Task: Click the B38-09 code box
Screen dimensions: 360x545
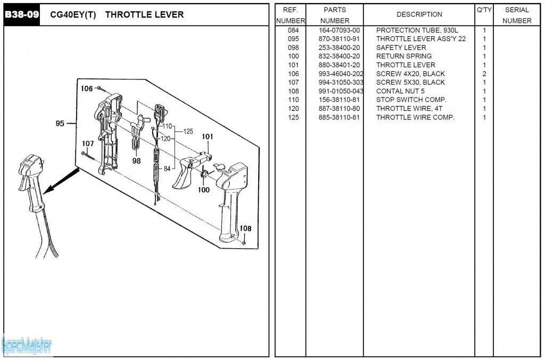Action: click(22, 15)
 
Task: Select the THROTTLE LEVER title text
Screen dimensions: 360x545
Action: click(144, 15)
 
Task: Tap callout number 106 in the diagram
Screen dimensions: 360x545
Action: click(87, 88)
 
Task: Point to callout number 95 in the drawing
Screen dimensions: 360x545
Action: click(60, 124)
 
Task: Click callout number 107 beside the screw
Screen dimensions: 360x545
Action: click(88, 144)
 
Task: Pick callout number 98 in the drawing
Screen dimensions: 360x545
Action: click(136, 161)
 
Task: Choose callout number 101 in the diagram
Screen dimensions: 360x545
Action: click(208, 137)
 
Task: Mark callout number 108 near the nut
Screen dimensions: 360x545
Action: click(245, 228)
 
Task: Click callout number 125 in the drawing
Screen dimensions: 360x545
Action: click(188, 131)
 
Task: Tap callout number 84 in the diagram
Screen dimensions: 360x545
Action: click(167, 169)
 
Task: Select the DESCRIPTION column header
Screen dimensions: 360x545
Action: click(419, 15)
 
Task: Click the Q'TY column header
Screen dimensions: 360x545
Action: click(484, 10)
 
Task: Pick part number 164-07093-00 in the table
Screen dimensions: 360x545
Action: click(339, 30)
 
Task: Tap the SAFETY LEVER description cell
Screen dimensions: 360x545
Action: click(401, 48)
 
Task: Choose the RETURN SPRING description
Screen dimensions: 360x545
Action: click(403, 56)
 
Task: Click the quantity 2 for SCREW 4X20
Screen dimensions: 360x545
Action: click(484, 74)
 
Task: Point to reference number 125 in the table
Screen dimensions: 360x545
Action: click(293, 117)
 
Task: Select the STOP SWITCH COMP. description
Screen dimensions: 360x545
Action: click(411, 100)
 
